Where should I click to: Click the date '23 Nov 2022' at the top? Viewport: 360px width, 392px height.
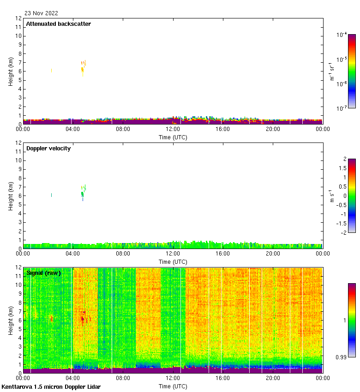(x=42, y=13)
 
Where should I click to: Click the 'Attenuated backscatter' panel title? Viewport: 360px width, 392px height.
(x=59, y=24)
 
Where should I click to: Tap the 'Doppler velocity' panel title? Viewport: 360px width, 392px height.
(x=48, y=148)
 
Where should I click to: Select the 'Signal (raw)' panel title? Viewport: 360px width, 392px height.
(x=43, y=273)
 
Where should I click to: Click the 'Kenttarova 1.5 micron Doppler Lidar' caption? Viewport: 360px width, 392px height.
(x=51, y=387)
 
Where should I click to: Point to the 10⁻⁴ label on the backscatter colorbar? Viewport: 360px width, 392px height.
(x=342, y=35)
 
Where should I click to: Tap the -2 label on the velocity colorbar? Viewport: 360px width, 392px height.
(x=343, y=232)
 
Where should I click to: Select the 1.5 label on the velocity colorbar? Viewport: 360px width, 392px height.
(x=343, y=168)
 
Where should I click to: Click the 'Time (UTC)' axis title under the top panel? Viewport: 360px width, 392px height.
(x=173, y=137)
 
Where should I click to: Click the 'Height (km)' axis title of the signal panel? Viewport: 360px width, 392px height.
(x=11, y=321)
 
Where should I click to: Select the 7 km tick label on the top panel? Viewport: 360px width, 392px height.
(x=19, y=62)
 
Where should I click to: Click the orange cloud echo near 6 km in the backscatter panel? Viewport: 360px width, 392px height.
(x=83, y=69)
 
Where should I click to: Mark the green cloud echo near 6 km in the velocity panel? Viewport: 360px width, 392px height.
(x=83, y=194)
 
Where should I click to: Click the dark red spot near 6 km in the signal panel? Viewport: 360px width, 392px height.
(x=83, y=318)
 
